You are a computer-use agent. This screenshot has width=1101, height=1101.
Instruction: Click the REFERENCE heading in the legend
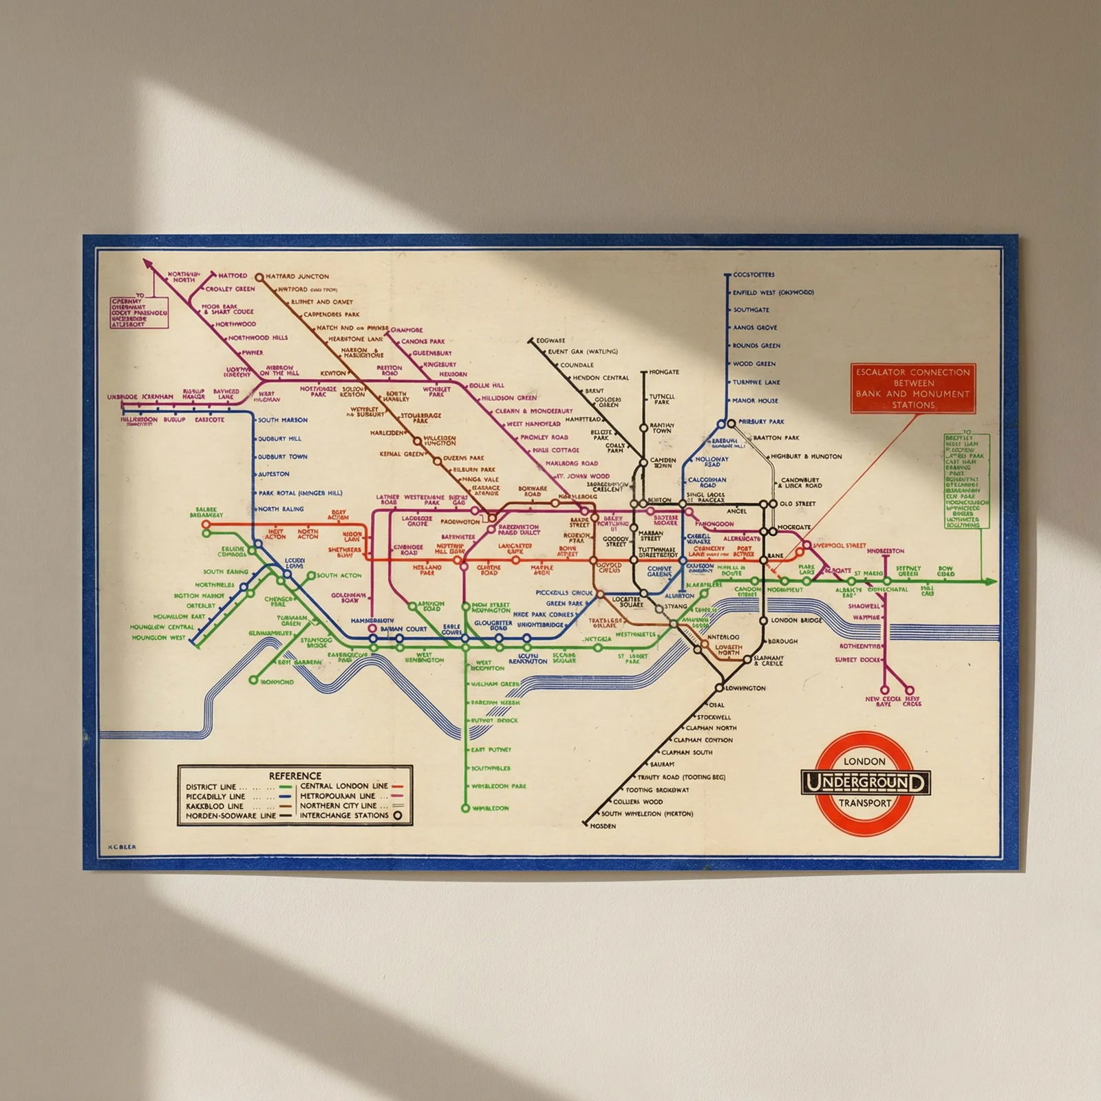click(295, 776)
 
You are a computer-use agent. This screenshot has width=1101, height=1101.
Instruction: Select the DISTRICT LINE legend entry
click(211, 787)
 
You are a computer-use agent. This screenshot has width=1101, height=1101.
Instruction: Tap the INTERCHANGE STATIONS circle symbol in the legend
click(397, 816)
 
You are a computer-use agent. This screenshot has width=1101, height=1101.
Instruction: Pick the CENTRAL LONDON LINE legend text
click(344, 786)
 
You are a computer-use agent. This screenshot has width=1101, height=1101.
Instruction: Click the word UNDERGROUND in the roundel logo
click(866, 783)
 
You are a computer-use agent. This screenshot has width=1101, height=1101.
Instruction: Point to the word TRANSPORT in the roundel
click(865, 803)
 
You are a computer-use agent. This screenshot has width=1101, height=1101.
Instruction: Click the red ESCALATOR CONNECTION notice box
click(912, 388)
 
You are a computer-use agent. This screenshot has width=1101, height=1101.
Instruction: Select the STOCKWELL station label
click(714, 717)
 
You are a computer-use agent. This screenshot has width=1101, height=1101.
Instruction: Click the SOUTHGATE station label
click(751, 310)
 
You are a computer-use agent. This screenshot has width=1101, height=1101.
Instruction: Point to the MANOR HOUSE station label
click(756, 400)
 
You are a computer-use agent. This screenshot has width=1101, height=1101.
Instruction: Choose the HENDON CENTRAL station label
click(601, 378)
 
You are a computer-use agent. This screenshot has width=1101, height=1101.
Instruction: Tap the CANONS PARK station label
click(423, 341)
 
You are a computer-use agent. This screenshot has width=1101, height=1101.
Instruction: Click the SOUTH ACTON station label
click(339, 575)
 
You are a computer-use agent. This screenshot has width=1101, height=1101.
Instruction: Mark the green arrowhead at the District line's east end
click(991, 581)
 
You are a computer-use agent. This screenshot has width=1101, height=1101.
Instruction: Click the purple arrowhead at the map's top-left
click(147, 263)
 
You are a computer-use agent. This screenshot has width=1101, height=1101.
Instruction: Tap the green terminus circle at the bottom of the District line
click(465, 808)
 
